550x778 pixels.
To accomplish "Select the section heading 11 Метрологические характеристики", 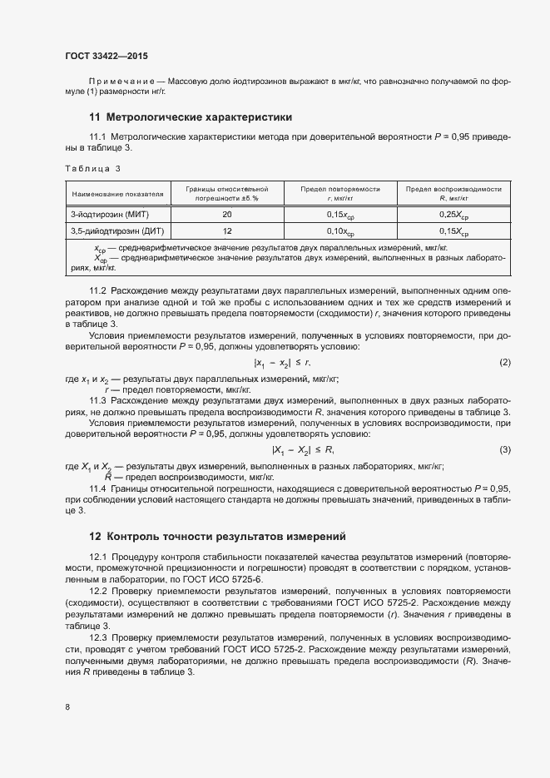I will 191,117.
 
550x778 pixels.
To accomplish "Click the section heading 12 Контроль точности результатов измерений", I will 217,536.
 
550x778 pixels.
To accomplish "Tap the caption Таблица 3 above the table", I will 92,169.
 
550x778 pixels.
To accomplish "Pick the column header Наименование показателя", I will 117,195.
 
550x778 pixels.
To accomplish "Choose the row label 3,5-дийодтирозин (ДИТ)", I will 112,231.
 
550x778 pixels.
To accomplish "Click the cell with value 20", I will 227,215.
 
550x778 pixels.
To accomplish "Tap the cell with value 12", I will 227,231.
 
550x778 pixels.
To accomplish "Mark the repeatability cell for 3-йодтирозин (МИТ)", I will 340,216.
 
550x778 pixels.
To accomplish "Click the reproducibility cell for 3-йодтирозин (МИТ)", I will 453,216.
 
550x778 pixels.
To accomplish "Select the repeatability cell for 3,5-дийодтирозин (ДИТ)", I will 340,232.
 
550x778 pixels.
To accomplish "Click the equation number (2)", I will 504,363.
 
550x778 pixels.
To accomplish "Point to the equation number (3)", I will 504,450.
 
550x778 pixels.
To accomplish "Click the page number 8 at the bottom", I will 67,707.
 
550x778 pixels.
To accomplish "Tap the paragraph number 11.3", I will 98,400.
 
